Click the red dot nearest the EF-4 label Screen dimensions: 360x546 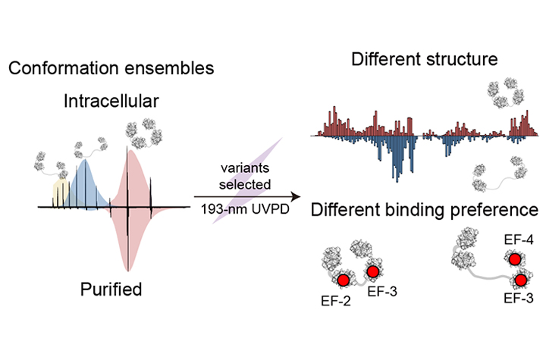(516, 260)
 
